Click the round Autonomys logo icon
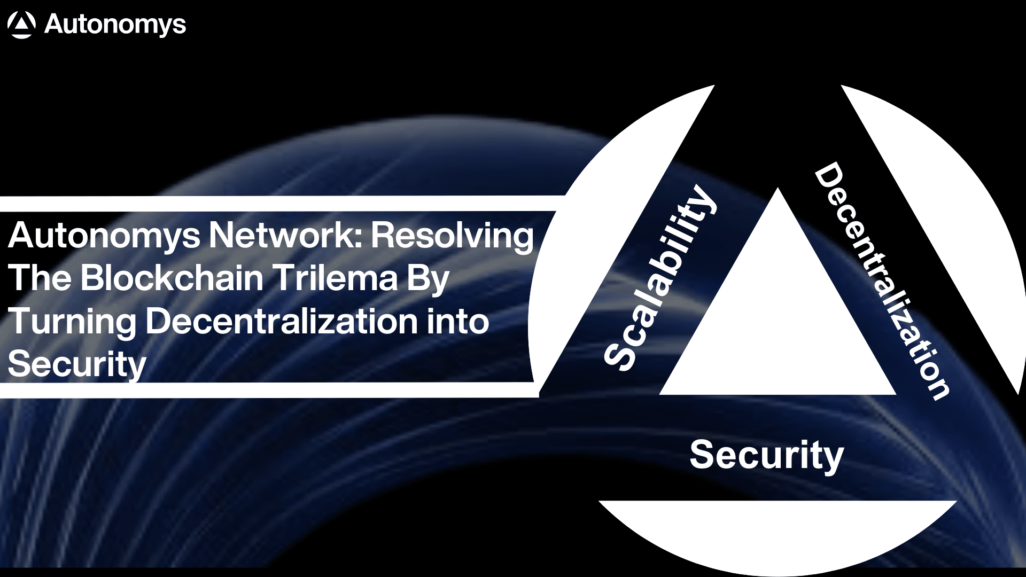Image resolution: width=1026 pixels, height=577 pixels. (21, 25)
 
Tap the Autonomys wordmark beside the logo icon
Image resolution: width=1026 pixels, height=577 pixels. (115, 25)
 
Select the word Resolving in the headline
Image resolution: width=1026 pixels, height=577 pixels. (452, 236)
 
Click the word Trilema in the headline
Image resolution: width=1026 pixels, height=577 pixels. (335, 278)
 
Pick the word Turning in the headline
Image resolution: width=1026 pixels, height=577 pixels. (72, 322)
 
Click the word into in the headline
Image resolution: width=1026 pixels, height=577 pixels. (457, 321)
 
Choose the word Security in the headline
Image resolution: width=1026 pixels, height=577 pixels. (77, 365)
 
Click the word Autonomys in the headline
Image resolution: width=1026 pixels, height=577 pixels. (104, 236)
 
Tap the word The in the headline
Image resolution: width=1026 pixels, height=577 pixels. (40, 278)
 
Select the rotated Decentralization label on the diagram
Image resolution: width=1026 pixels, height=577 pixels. (882, 280)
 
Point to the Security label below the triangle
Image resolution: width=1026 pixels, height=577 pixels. (766, 455)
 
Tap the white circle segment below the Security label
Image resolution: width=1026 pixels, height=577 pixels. (778, 534)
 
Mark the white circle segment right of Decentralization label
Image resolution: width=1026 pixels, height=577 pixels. (957, 214)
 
